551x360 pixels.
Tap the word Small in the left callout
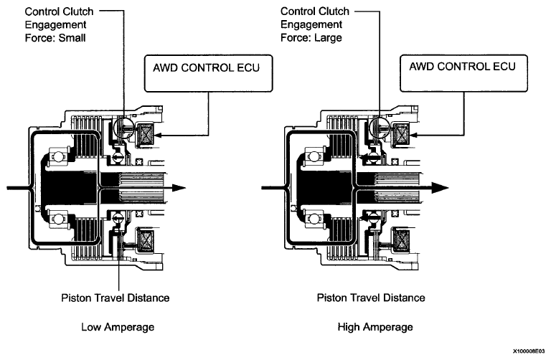[72, 38]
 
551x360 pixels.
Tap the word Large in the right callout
[327, 38]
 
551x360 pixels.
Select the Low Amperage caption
[118, 327]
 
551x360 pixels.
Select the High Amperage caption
[375, 327]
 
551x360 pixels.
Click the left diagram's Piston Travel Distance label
[116, 298]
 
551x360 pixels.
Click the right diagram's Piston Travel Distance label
[371, 298]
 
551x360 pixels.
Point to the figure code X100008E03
[529, 351]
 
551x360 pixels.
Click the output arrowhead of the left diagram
[179, 188]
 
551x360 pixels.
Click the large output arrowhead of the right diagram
[440, 188]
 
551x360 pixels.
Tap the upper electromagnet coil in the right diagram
[402, 135]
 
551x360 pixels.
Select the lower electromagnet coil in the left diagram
[146, 240]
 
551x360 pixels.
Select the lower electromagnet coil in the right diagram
[402, 240]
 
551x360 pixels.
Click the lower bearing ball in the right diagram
[314, 219]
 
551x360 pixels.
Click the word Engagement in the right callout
[311, 25]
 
